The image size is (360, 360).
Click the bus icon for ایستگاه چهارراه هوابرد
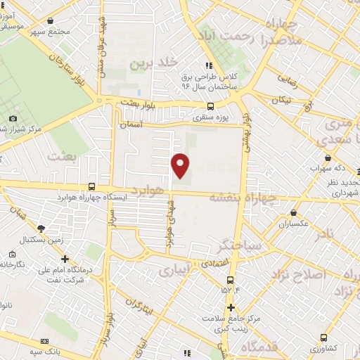[92, 187]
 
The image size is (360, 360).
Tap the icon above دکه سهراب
[328, 158]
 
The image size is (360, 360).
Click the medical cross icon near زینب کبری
[231, 307]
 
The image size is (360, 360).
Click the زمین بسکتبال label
[41, 239]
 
